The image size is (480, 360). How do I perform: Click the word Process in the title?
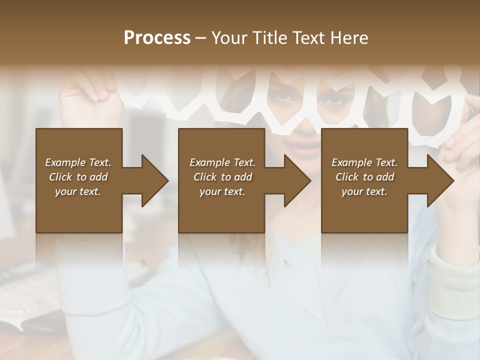[x=157, y=37]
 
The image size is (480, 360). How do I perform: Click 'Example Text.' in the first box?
[x=78, y=162]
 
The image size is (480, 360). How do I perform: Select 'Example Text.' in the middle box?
[x=222, y=162]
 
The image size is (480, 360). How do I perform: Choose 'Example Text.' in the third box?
[x=364, y=162]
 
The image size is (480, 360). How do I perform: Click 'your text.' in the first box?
[x=78, y=191]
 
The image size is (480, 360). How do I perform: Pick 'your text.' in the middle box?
[x=222, y=191]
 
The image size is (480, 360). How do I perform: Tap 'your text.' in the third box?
[x=364, y=191]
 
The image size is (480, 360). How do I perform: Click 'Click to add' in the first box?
[x=78, y=177]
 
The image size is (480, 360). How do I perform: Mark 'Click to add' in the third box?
[x=365, y=177]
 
